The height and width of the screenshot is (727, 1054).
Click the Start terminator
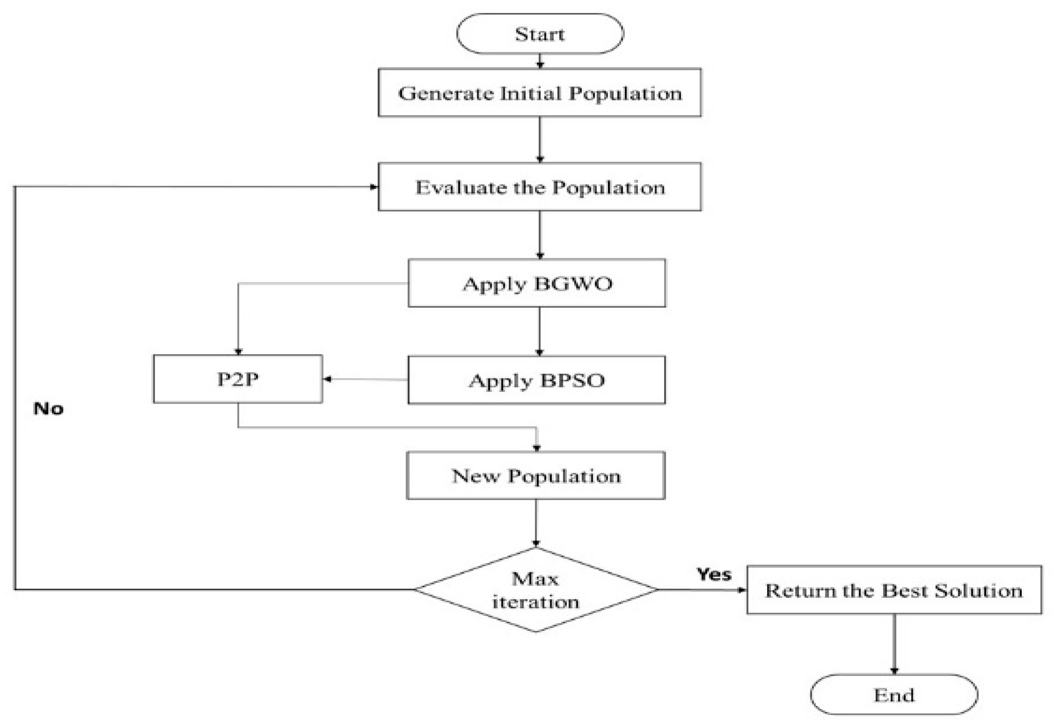539,34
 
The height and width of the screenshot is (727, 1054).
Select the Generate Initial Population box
539,93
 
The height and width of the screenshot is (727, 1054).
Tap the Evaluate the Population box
539,187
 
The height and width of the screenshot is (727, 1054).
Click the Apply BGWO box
537,283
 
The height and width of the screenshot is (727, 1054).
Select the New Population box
536,476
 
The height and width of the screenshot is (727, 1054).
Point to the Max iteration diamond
536,590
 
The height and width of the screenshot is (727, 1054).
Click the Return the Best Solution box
894,590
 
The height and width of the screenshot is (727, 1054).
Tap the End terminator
894,695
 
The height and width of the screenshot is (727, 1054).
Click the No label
48,409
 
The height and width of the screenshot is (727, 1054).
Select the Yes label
714,574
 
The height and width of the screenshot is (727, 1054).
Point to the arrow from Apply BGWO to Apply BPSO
539,331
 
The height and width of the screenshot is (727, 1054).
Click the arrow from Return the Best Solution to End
894,644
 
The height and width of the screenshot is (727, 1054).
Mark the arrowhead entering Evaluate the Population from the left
373,187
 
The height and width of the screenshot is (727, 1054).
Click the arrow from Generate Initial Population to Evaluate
540,139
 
